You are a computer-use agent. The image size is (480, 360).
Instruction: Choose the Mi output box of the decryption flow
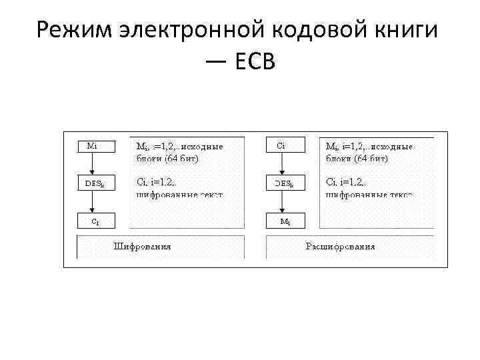tap(283, 219)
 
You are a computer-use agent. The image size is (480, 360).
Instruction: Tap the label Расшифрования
tap(340, 246)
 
